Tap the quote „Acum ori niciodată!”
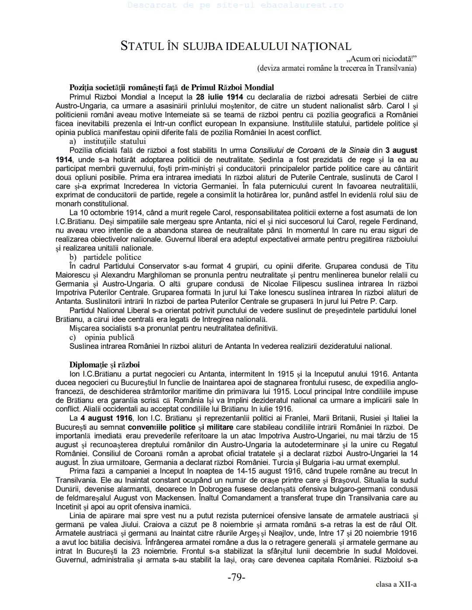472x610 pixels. click(381, 59)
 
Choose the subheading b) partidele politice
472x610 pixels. click(105, 257)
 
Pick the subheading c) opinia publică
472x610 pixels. click(102, 337)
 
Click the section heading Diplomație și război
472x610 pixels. click(104, 365)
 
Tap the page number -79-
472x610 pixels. click(236, 577)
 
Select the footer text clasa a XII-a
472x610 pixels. click(396, 584)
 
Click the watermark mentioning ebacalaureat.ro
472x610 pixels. click(236, 6)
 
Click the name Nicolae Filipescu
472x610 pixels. click(288, 284)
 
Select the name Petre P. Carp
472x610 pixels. click(375, 301)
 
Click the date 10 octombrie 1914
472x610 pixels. click(112, 213)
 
